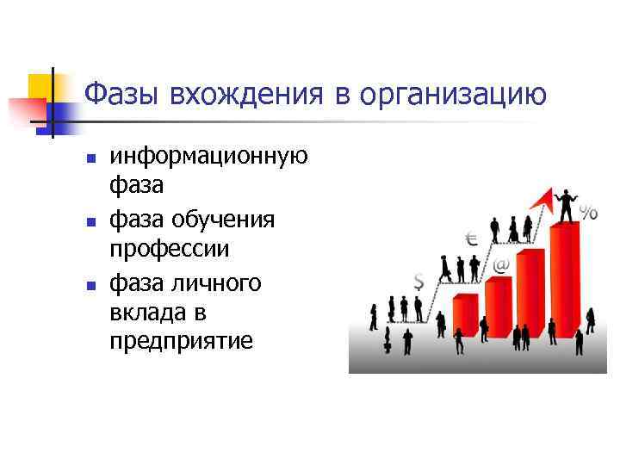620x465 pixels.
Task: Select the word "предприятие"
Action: (x=182, y=342)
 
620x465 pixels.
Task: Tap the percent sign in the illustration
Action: (x=589, y=214)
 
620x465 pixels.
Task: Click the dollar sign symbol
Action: (x=418, y=281)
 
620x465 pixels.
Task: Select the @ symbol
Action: (x=500, y=265)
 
